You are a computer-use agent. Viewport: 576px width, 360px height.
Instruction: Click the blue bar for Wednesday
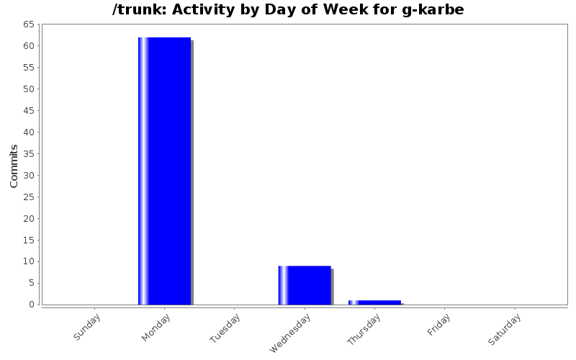[305, 285]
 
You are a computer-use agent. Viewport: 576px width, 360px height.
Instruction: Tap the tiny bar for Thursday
[374, 302]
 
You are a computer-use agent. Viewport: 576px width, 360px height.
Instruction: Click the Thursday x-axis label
[364, 330]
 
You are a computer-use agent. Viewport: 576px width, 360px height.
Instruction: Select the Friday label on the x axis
[439, 323]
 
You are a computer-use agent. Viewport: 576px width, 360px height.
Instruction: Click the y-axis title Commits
[14, 166]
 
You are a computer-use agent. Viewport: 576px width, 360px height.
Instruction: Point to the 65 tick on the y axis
[29, 24]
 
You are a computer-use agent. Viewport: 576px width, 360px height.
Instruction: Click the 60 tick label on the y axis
[29, 46]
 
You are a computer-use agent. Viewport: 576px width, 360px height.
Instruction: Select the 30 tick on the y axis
[29, 175]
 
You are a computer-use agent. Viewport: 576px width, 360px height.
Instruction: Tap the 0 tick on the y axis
[32, 305]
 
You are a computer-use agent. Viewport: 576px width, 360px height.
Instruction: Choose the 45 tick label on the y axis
[29, 111]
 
